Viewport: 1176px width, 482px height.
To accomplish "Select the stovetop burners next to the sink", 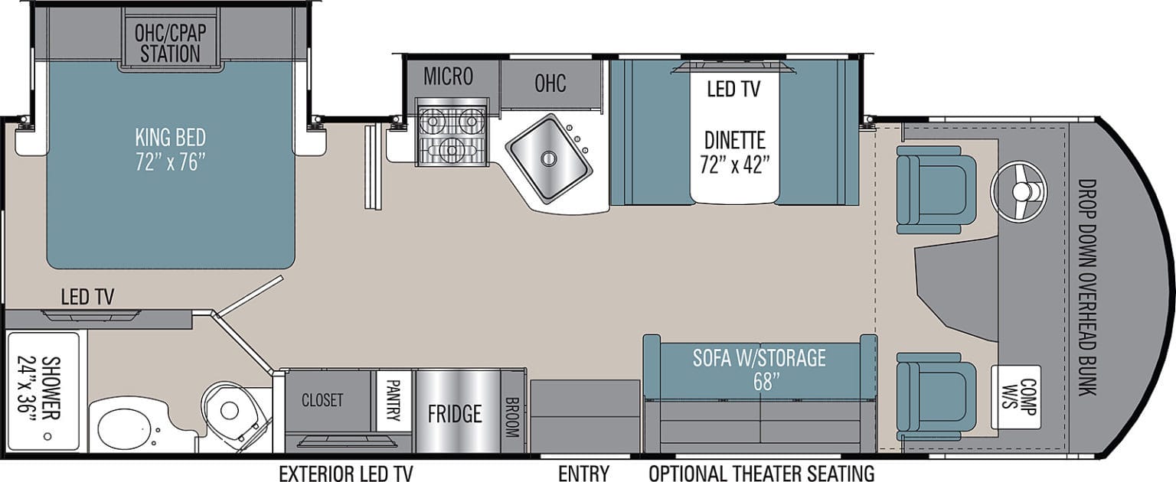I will pos(451,135).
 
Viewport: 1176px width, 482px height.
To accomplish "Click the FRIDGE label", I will pos(455,414).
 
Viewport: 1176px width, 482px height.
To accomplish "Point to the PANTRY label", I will pos(394,400).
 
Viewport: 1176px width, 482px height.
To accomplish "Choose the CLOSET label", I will pos(322,399).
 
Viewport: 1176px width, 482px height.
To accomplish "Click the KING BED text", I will pos(170,150).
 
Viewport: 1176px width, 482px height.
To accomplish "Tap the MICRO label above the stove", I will pos(448,77).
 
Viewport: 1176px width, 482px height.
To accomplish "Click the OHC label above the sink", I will pos(550,83).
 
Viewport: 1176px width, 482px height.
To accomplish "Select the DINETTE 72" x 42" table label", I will pos(733,151).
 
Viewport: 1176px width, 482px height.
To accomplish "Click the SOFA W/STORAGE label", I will pos(759,367).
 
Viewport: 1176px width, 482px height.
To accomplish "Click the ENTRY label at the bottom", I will pos(583,473).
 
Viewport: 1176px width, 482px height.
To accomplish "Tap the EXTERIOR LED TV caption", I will pos(345,473).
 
